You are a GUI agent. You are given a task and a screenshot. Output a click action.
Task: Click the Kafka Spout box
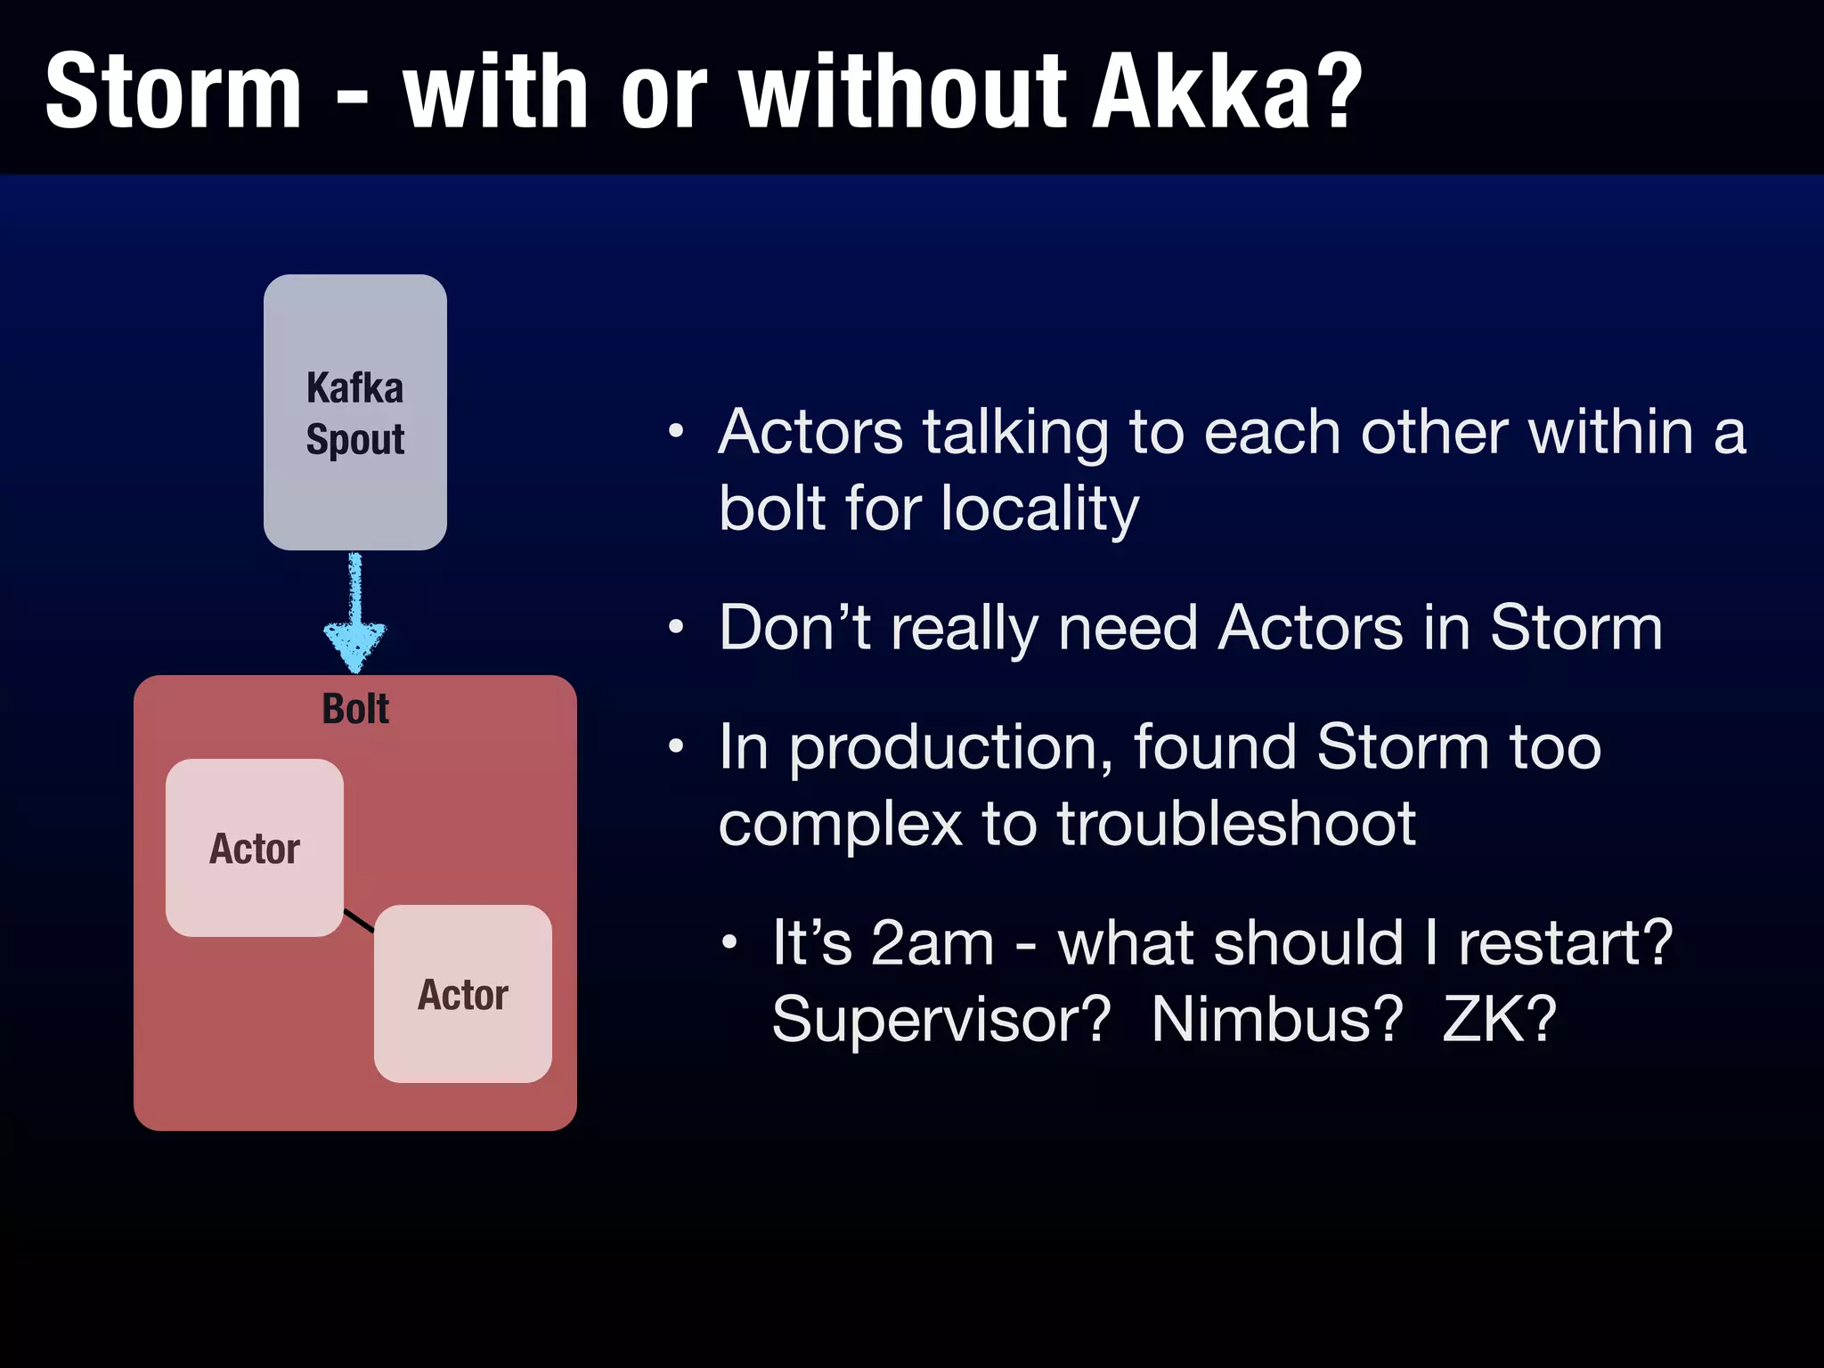click(x=354, y=411)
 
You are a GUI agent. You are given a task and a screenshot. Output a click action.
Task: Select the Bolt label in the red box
click(x=355, y=710)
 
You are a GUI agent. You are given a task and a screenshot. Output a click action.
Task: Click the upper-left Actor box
click(x=255, y=848)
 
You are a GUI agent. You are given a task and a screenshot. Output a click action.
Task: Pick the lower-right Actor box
click(x=463, y=994)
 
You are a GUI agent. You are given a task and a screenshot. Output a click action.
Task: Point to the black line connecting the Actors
click(x=359, y=921)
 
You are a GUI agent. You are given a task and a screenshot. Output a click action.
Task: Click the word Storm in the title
click(x=174, y=92)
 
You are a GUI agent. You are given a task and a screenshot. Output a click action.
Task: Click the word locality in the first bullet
click(x=1039, y=509)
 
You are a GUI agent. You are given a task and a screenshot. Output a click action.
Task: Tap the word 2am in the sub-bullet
click(x=932, y=943)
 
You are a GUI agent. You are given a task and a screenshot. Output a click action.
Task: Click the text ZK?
click(x=1499, y=1020)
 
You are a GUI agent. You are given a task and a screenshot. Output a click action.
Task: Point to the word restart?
click(x=1566, y=943)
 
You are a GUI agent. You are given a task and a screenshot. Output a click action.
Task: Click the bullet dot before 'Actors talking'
click(x=676, y=432)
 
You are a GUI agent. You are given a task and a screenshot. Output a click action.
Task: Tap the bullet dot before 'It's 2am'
click(x=729, y=942)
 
